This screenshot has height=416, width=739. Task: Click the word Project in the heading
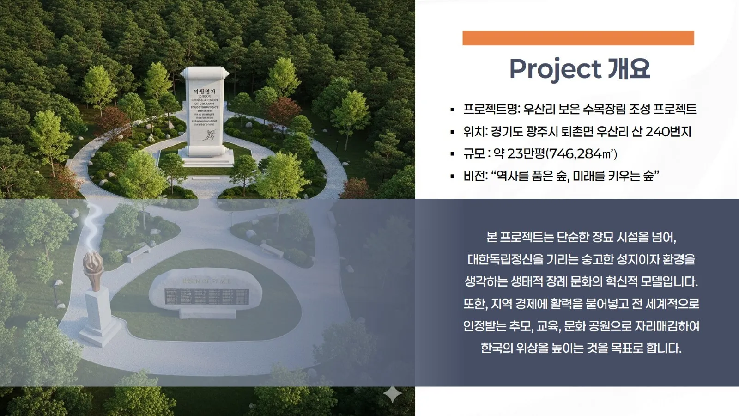tap(555, 69)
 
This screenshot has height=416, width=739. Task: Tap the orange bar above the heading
tap(578, 38)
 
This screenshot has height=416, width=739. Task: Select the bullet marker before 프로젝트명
tap(452, 110)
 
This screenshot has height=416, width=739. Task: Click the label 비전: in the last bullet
tap(475, 176)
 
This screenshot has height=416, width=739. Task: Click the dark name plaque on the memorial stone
tap(206, 296)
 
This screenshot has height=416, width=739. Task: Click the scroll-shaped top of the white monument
tap(205, 73)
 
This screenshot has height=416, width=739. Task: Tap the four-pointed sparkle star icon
tap(393, 394)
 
